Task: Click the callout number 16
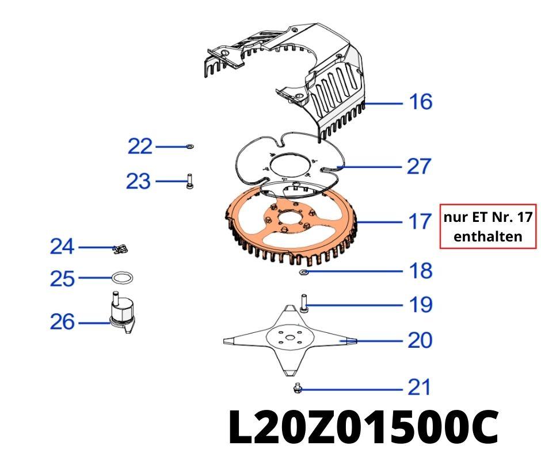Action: pos(420,102)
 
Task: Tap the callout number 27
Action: pos(419,167)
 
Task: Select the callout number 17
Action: pos(419,221)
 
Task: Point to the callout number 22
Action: pos(140,147)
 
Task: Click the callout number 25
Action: pos(62,279)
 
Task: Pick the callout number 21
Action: pos(419,388)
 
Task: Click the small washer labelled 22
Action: pos(190,147)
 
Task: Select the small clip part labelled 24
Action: pos(121,249)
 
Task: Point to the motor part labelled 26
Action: pos(122,313)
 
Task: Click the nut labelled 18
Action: pos(304,271)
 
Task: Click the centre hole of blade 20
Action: pos(291,339)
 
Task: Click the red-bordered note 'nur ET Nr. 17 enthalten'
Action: pos(488,226)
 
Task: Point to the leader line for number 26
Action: pos(92,323)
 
